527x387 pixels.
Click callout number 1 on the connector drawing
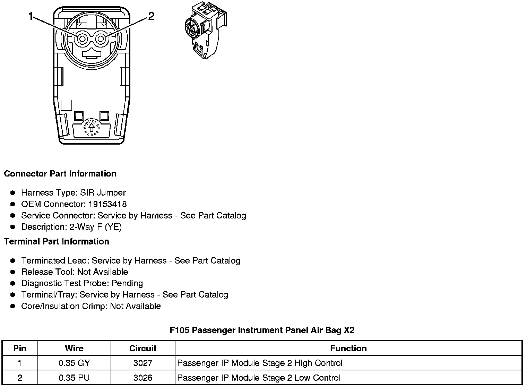click(x=31, y=16)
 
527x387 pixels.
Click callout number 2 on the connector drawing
click(x=151, y=16)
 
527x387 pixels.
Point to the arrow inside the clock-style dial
click(x=91, y=128)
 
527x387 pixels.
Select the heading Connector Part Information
click(x=60, y=174)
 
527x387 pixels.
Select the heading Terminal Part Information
click(x=57, y=242)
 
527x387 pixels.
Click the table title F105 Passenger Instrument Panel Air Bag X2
click(x=262, y=330)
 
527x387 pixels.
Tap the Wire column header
click(x=74, y=349)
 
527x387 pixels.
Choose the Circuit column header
click(x=143, y=349)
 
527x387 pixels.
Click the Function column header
click(x=348, y=349)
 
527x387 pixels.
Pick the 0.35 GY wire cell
click(x=74, y=363)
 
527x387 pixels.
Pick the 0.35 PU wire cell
click(x=74, y=378)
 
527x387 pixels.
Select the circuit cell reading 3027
click(x=143, y=363)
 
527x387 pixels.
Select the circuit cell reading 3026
click(x=143, y=378)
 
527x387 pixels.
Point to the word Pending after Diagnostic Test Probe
click(x=127, y=284)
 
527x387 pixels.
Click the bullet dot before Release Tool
click(x=13, y=272)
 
